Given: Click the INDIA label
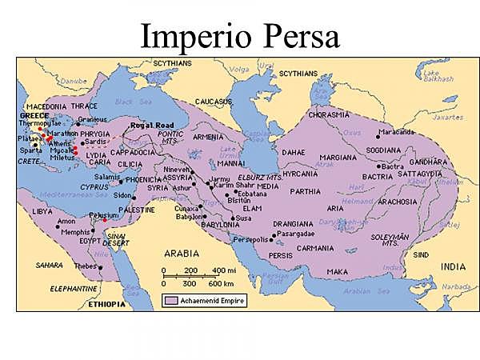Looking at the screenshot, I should pos(451,266).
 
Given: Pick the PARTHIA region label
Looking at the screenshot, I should pos(305,191).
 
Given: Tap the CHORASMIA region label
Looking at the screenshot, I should pos(328,114).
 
